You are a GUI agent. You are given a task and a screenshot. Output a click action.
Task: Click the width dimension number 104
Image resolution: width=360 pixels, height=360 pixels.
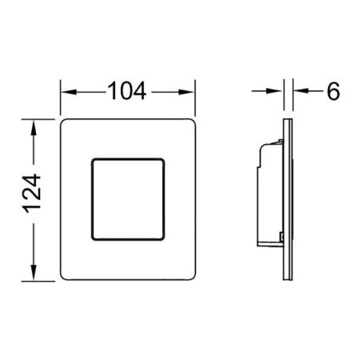tap(127, 93)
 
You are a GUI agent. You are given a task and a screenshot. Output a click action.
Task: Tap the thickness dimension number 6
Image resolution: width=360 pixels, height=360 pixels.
tap(333, 91)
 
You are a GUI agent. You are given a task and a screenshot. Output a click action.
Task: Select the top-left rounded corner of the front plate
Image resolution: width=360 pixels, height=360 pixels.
tap(66, 124)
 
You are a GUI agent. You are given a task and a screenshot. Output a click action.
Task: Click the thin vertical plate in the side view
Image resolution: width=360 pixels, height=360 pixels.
tap(287, 199)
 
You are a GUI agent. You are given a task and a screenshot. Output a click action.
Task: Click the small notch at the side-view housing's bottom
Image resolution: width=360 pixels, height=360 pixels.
tap(281, 237)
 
